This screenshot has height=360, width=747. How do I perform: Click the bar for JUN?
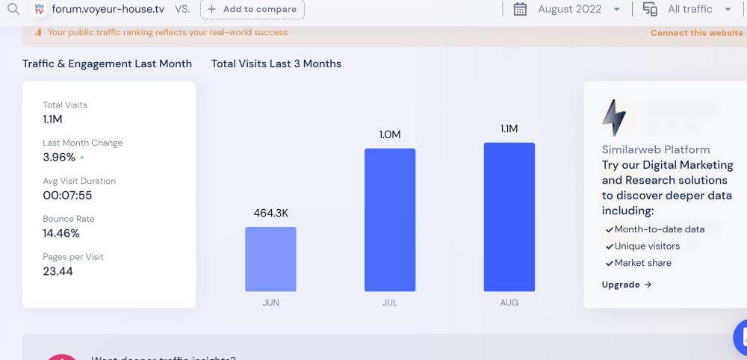point(270,259)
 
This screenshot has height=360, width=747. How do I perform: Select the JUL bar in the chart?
point(390,220)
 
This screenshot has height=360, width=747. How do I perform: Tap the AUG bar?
point(509,217)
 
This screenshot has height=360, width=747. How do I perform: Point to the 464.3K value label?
point(270,213)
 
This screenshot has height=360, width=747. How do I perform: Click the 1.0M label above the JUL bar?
point(390,134)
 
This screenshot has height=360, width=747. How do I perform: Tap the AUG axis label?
point(509,302)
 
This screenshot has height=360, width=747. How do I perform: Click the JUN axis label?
point(270,302)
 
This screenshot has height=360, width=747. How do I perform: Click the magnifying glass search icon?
point(13,9)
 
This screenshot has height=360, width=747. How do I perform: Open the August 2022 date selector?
point(568,9)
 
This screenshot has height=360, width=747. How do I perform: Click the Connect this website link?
point(696,33)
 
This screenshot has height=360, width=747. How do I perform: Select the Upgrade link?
point(627,285)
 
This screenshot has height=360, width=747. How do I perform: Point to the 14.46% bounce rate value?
point(61,233)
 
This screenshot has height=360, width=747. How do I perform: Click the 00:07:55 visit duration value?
point(67,195)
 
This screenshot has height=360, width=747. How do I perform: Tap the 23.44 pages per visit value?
point(58,271)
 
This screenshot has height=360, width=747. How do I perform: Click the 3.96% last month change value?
point(59,157)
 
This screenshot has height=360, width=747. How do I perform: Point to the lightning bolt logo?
point(614,118)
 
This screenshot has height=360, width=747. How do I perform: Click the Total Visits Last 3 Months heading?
point(276,63)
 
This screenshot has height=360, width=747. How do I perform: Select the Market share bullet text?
point(642,263)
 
